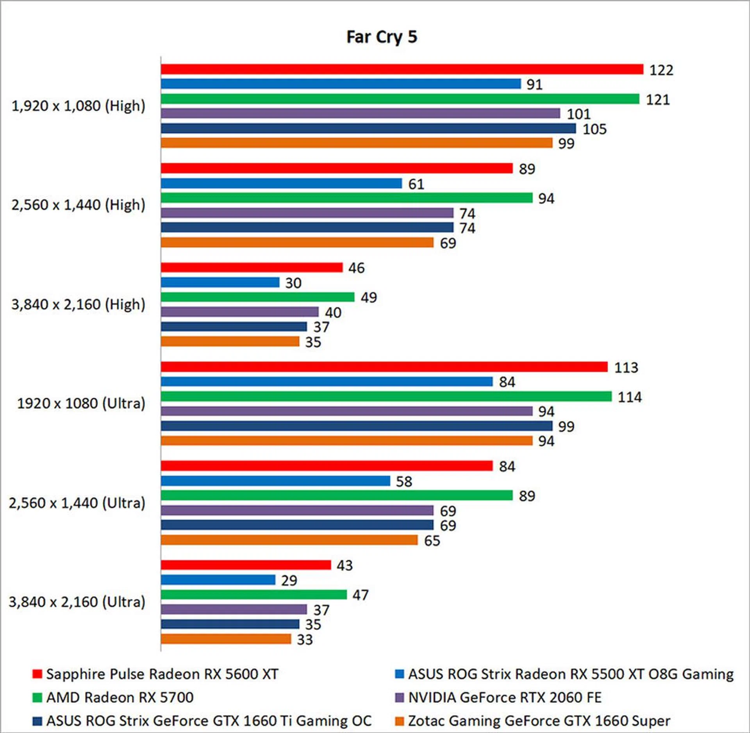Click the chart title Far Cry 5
382,37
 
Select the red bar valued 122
402,69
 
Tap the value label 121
658,100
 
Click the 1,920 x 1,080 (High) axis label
78,106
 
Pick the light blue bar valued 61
281,183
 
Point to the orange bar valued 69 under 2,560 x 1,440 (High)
297,242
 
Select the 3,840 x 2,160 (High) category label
78,304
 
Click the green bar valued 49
257,297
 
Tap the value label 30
293,283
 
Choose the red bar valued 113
384,367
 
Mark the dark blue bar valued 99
356,426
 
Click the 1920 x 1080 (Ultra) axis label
81,403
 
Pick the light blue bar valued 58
275,481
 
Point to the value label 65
432,541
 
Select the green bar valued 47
254,594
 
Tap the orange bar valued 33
226,639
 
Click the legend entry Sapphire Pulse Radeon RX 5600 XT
162,674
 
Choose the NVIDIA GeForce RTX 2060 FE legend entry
505,697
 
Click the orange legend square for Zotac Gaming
399,721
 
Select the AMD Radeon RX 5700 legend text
120,697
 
